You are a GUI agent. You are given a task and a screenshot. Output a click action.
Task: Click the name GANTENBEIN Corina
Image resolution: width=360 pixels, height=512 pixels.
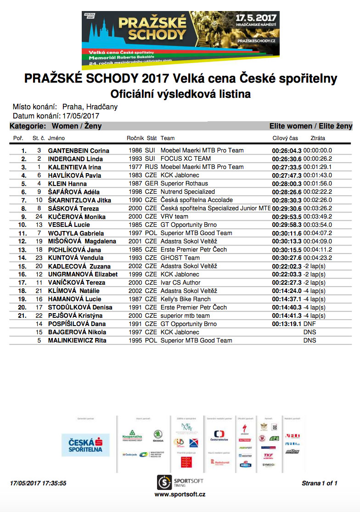[x=79, y=151]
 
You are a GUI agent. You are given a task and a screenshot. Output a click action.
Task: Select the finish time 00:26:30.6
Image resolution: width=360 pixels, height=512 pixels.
[x=287, y=159]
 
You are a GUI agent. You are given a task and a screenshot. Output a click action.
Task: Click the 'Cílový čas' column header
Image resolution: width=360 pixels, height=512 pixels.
[x=285, y=138]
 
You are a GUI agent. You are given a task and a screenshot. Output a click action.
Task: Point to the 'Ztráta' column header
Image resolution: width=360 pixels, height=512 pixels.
[x=318, y=138]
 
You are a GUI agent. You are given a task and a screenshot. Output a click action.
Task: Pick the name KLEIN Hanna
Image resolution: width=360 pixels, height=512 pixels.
[x=67, y=184]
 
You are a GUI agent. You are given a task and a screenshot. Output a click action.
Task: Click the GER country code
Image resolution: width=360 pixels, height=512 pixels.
[x=151, y=184]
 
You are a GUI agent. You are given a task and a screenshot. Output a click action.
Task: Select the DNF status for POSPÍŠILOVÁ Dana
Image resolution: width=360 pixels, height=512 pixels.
[x=310, y=324]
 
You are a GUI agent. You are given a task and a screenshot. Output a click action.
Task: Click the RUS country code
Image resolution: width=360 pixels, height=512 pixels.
[x=151, y=167]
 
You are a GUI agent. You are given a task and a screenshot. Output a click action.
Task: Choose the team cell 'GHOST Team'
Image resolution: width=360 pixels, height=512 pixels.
[x=180, y=258]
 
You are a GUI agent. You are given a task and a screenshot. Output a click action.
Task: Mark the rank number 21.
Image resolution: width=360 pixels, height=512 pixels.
[x=22, y=316]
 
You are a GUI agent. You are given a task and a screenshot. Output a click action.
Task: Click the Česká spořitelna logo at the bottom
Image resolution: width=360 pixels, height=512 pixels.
[x=86, y=445]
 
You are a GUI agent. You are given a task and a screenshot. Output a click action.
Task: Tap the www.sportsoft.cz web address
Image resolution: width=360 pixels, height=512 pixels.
[x=180, y=495]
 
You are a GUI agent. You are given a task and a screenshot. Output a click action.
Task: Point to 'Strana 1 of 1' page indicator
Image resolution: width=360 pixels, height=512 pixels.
[x=320, y=483]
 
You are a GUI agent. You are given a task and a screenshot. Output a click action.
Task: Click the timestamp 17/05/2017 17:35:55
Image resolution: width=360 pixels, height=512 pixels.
[x=38, y=483]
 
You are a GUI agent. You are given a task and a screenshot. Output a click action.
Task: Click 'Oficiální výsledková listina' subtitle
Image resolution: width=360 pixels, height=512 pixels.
[x=180, y=94]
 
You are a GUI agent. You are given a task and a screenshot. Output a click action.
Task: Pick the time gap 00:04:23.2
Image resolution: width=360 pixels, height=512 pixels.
[x=317, y=258]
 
